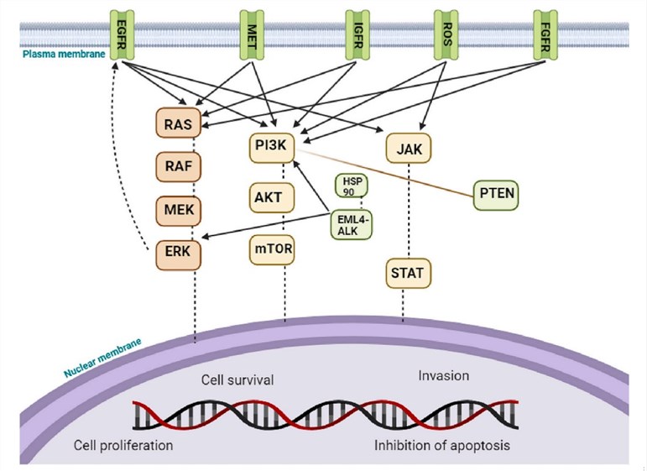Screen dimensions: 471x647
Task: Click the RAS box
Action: pos(178,125)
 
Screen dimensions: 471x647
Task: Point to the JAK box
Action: pos(408,149)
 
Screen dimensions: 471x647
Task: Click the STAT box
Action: pos(407,272)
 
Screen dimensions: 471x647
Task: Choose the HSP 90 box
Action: pos(352,186)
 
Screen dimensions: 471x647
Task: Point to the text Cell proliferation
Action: pos(123,444)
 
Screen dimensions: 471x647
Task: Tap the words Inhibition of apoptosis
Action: pos(441,444)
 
